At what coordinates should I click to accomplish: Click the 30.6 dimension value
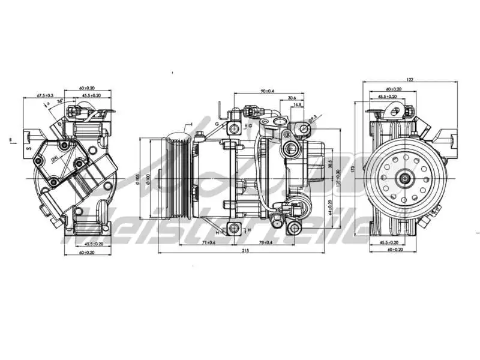coord(292,97)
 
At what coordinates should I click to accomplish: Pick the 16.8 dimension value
coord(298,104)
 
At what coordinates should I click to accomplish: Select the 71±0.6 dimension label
coord(209,242)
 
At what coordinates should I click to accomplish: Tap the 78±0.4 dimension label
coord(265,242)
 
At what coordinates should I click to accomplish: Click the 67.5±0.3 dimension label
coord(45,95)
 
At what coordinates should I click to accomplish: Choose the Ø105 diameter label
coord(137,178)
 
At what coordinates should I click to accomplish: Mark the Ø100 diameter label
coord(146,178)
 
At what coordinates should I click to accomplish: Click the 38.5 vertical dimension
coord(330,163)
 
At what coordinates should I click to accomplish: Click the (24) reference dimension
coord(55,158)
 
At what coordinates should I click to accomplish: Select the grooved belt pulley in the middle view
coord(179,178)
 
